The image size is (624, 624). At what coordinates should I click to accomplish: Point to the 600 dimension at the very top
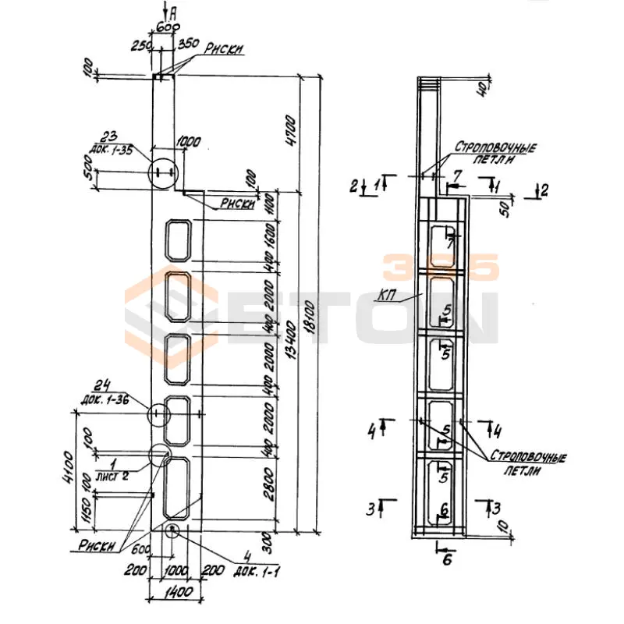[165, 26]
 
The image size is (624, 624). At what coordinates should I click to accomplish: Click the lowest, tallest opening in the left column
[179, 487]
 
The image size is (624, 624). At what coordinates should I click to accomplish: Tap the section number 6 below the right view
[447, 560]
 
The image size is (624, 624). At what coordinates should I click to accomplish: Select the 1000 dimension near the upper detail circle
[189, 142]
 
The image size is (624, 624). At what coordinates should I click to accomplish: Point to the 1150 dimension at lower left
[87, 510]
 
